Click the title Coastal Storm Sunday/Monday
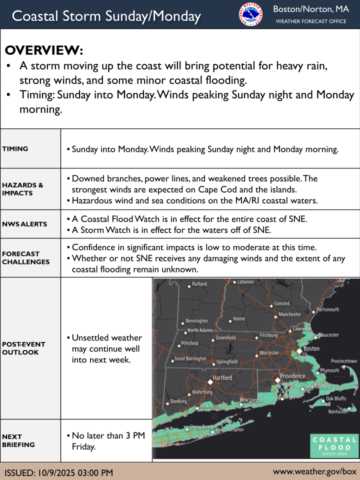pos(106,16)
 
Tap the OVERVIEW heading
pos(44,51)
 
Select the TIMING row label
pos(15,148)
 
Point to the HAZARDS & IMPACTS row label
pos(22,189)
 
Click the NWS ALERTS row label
pos(24,224)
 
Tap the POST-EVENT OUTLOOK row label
pos(23,348)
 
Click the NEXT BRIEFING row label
pos(18,440)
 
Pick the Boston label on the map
pos(311,348)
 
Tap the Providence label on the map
pos(292,376)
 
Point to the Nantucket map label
pos(338,412)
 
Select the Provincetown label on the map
pos(343,361)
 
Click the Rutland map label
pos(199,284)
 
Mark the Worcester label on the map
pos(269,353)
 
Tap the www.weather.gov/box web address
pos(314,471)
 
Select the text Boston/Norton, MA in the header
pos(310,9)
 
